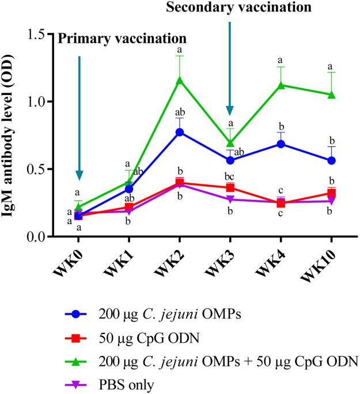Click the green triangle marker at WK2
(179, 80)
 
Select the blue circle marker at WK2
(179, 132)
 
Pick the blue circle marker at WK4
(281, 144)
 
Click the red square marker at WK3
(230, 188)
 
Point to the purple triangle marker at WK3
(230, 199)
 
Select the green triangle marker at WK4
(281, 85)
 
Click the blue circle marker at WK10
(331, 160)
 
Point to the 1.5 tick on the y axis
(37, 34)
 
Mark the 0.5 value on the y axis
(37, 169)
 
